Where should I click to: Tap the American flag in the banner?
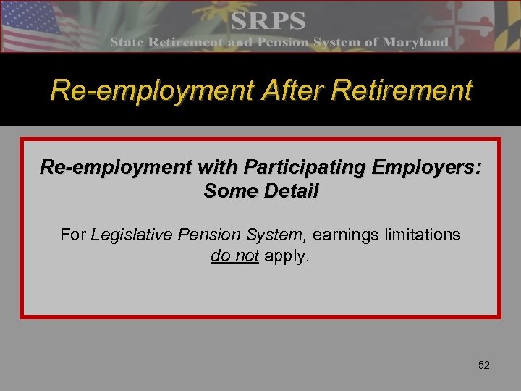(x=36, y=25)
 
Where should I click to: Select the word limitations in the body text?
(x=424, y=235)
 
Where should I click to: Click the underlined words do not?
(x=234, y=256)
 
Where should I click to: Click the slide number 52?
(x=484, y=365)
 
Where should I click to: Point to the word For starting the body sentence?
(x=74, y=235)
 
